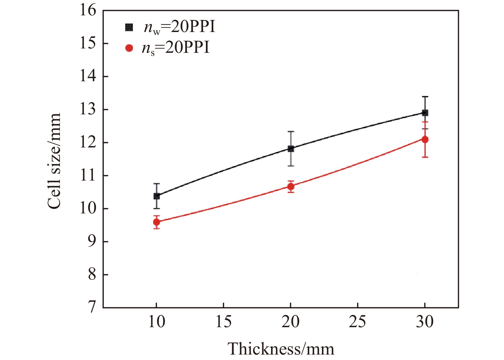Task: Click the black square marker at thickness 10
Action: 157,196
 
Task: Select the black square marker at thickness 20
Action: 291,149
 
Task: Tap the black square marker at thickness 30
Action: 425,113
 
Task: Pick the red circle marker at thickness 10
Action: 157,222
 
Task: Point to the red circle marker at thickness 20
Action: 291,187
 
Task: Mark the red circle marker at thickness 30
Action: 425,140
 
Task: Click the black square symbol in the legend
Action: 129,27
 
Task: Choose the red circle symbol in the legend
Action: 129,48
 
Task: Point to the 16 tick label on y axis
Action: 88,11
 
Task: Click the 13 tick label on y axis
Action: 88,110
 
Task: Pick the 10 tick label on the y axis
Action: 88,209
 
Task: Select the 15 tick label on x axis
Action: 223,322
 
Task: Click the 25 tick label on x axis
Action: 357,322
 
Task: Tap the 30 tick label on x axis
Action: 425,322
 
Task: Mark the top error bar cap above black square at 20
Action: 291,132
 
